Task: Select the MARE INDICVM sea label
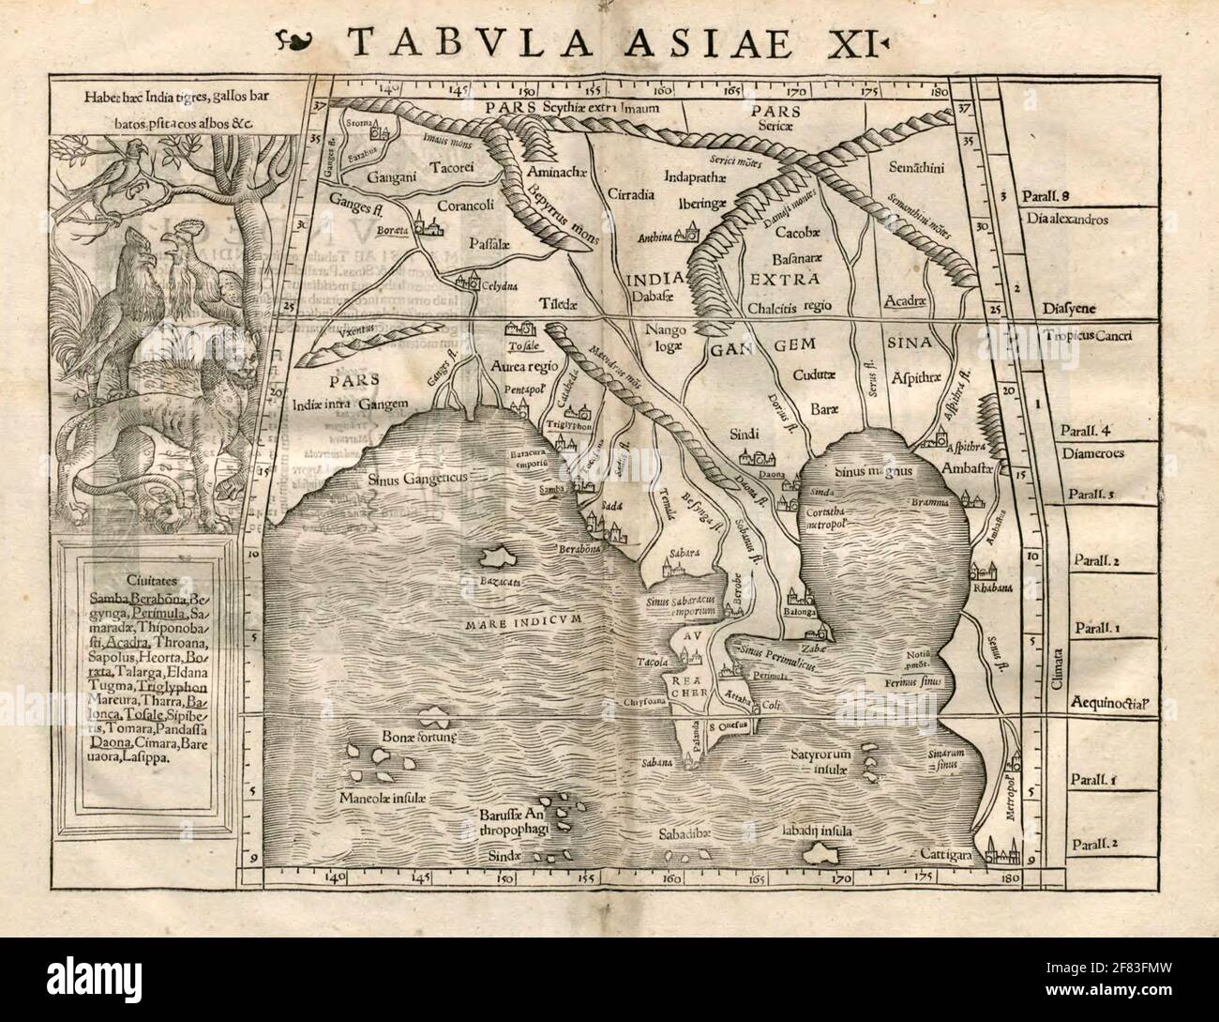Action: pyautogui.click(x=536, y=620)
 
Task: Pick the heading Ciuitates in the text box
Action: pyautogui.click(x=129, y=581)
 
